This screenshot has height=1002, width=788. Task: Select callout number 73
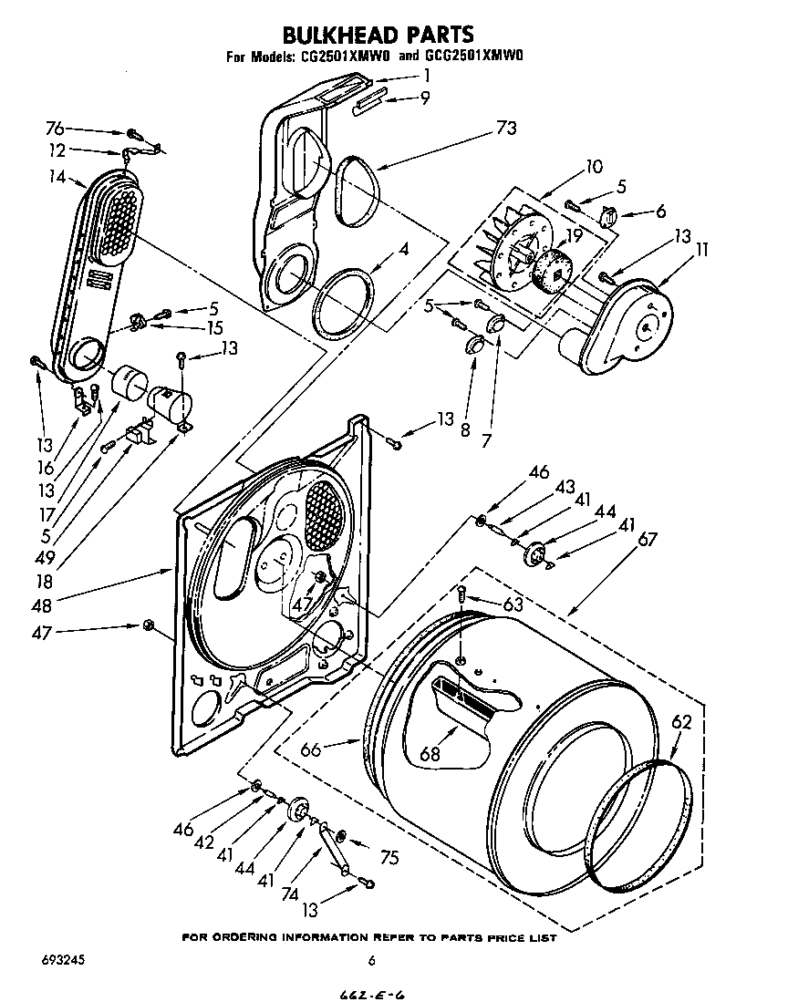[x=505, y=129]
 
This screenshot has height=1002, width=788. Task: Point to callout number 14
[x=58, y=178]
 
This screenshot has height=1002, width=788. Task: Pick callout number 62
[x=681, y=722]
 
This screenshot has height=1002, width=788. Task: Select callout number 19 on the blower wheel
[x=574, y=234]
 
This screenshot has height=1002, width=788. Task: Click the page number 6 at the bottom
[x=371, y=959]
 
